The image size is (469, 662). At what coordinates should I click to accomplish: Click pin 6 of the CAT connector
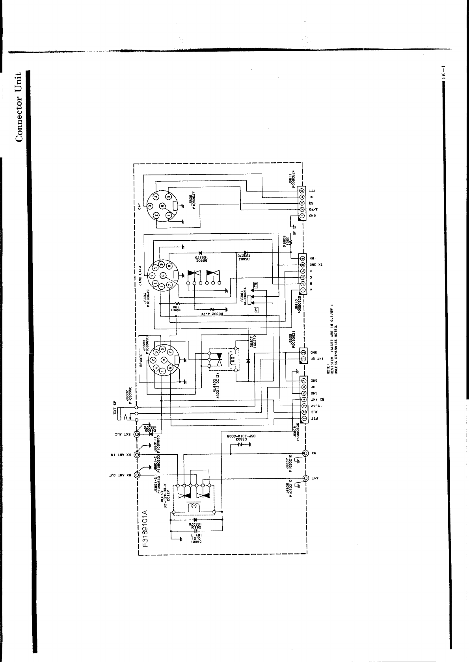[162, 206]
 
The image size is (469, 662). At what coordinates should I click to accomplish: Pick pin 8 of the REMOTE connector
[163, 359]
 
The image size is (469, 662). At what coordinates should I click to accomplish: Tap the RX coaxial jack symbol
[305, 453]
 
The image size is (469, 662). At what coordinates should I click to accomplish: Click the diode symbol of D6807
[248, 361]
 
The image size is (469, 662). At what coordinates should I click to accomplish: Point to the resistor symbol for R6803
[291, 242]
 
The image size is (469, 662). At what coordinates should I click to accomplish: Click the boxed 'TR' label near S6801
[255, 284]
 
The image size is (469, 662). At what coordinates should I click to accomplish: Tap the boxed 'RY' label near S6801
[255, 309]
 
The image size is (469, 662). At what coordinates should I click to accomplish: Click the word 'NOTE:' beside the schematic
[328, 369]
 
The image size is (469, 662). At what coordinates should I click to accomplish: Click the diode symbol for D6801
[195, 520]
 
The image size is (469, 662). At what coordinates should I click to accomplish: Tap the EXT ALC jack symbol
[137, 434]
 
